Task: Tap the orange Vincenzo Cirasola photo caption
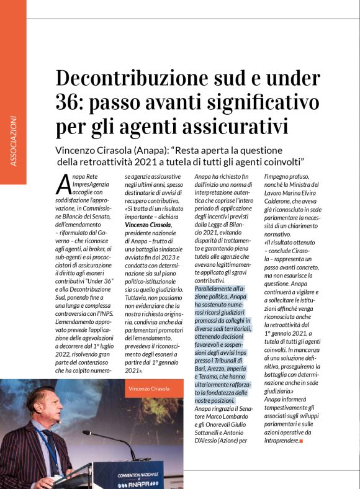[149, 388]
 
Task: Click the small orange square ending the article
[300, 441]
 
